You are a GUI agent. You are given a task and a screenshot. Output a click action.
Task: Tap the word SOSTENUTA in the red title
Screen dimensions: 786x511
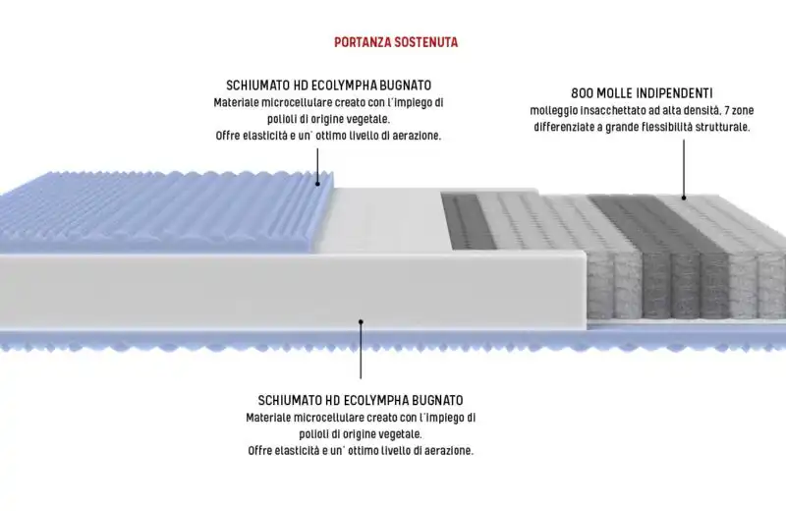tap(426, 42)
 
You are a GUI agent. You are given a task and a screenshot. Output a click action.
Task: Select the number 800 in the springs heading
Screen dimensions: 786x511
tap(582, 93)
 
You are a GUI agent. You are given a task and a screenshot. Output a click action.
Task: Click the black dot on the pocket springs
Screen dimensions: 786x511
tap(684, 198)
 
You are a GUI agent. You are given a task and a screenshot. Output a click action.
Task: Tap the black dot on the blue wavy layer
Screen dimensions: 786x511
tap(317, 184)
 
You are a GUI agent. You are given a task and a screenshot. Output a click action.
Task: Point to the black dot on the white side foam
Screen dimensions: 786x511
tap(361, 321)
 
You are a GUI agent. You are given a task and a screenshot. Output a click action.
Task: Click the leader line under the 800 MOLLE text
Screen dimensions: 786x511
tap(684, 167)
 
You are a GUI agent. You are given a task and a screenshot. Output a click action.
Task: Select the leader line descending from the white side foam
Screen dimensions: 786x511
tap(361, 351)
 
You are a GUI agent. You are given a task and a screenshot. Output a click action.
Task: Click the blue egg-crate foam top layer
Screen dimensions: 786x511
tap(160, 210)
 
